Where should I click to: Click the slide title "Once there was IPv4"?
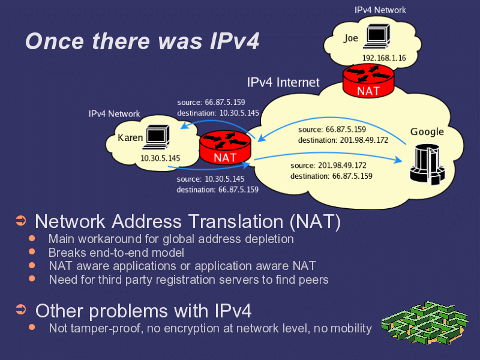click(x=142, y=41)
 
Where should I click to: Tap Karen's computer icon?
click(x=158, y=137)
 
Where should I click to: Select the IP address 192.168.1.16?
click(x=384, y=58)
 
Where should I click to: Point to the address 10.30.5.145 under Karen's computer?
click(x=160, y=158)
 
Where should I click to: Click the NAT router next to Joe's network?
click(x=368, y=80)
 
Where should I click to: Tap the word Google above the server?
click(x=427, y=132)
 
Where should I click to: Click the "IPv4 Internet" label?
click(x=283, y=82)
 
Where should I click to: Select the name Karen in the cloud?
click(x=130, y=138)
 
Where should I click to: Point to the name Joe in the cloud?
click(x=351, y=38)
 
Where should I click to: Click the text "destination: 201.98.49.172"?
click(x=343, y=140)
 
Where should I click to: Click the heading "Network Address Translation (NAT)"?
click(x=188, y=221)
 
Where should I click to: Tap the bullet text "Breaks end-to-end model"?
click(x=116, y=253)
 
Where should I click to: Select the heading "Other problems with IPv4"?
click(x=143, y=311)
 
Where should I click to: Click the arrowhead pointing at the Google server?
click(x=398, y=160)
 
